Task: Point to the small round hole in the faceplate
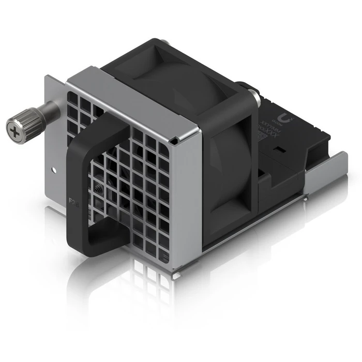click(54, 170)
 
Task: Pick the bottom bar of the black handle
click(103, 250)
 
